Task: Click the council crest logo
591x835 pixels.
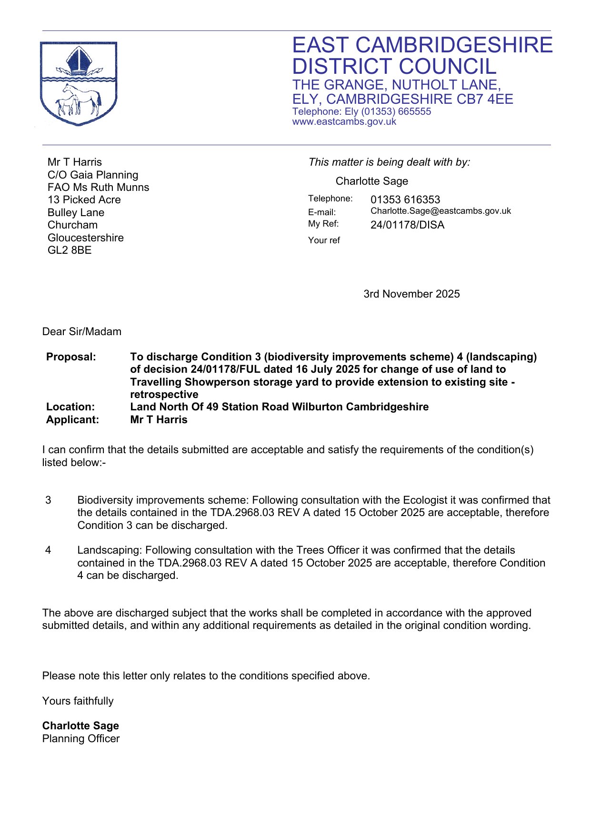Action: click(x=79, y=84)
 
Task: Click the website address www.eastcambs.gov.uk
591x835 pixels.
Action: click(x=344, y=122)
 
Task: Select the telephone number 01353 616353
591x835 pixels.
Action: click(x=405, y=199)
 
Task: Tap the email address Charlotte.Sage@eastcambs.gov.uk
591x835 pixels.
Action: click(x=441, y=211)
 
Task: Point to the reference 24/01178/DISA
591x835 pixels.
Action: click(x=407, y=225)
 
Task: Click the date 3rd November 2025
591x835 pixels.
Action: click(x=411, y=294)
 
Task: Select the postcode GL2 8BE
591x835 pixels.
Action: click(x=70, y=250)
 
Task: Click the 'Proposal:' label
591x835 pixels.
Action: click(x=71, y=357)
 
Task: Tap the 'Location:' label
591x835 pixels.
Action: click(x=70, y=407)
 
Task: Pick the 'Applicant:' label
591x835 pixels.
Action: click(x=72, y=419)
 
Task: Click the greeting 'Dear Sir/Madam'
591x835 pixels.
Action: click(x=82, y=331)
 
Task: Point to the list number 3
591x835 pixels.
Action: click(x=48, y=500)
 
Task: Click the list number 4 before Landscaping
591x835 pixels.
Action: click(x=48, y=550)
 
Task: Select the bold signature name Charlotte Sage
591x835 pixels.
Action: click(x=80, y=726)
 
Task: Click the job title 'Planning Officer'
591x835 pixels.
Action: click(x=81, y=738)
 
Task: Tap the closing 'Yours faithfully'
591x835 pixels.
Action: click(x=78, y=701)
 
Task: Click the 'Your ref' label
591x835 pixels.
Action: click(x=324, y=240)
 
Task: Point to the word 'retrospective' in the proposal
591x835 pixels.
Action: click(x=164, y=394)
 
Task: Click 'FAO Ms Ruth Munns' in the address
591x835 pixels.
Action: click(x=98, y=187)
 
